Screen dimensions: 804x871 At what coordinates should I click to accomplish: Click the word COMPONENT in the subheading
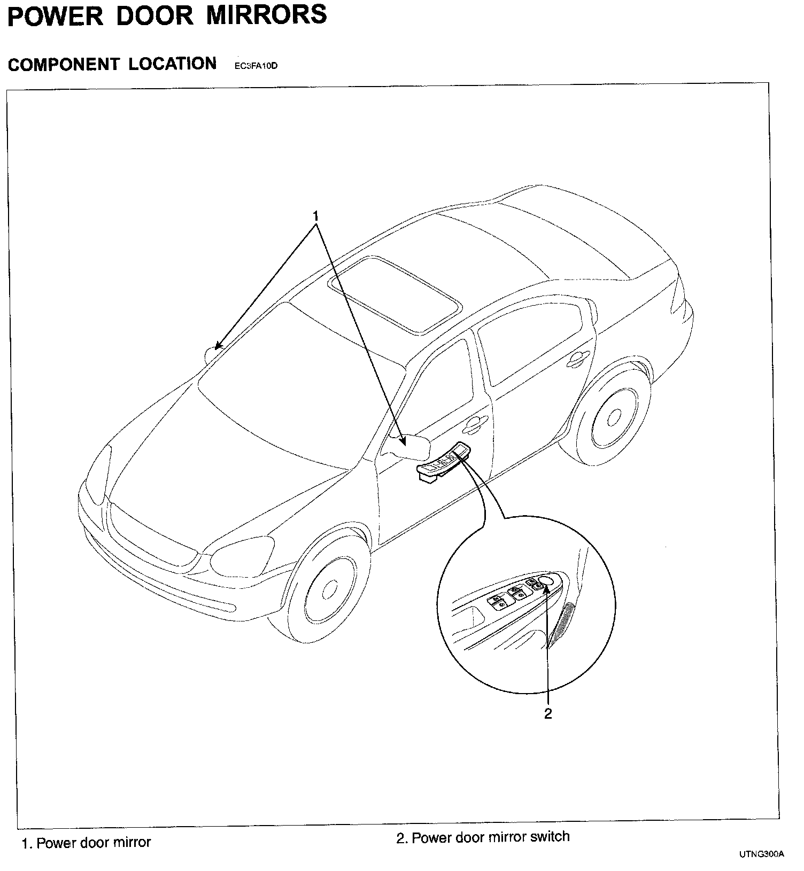(63, 65)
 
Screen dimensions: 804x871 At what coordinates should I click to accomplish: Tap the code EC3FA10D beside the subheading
(256, 66)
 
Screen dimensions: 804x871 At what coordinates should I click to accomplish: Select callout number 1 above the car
(316, 216)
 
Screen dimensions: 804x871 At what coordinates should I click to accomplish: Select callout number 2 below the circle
(547, 713)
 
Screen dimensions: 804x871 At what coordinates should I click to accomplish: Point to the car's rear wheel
(615, 417)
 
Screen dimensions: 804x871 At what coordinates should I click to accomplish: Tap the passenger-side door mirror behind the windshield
(213, 354)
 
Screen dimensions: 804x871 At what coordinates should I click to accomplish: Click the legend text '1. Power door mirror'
(86, 843)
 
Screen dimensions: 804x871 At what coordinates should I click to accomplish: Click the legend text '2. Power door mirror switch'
(483, 837)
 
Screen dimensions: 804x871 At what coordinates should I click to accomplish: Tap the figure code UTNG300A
(762, 854)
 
